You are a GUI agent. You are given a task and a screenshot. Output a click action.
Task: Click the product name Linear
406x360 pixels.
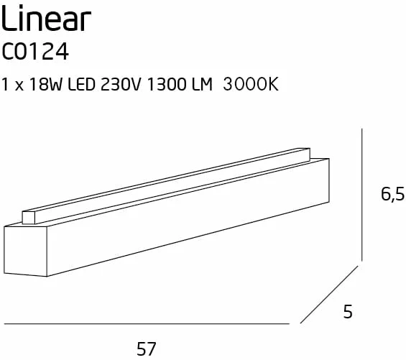[46, 18]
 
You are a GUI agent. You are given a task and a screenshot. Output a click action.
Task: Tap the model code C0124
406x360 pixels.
[35, 52]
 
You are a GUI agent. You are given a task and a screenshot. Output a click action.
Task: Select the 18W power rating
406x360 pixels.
[46, 84]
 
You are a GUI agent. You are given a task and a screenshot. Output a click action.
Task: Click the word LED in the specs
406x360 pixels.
[81, 84]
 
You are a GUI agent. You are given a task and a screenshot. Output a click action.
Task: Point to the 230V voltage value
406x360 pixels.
[121, 84]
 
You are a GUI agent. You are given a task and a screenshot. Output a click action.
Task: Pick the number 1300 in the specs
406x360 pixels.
[167, 84]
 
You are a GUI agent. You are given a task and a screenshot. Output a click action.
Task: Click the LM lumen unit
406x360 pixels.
[202, 84]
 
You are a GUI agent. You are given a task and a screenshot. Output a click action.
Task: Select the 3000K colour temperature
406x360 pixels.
[251, 84]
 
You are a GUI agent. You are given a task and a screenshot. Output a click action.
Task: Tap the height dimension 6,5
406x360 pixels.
[392, 195]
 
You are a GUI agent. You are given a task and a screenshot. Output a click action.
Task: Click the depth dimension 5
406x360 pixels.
[348, 312]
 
